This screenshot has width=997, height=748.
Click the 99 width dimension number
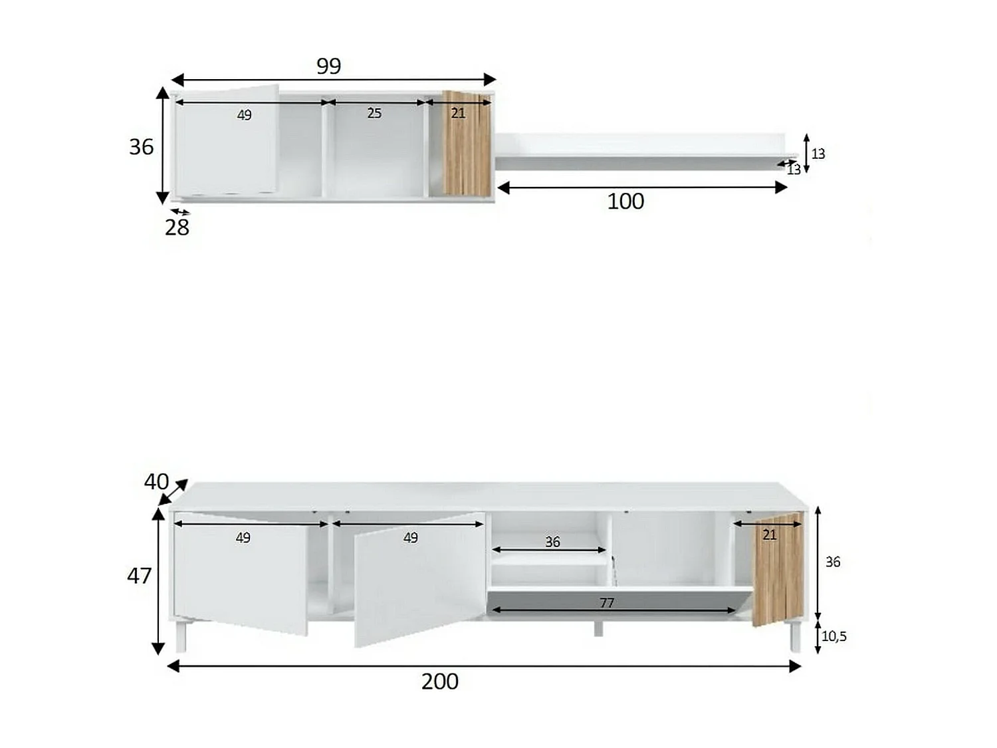point(328,66)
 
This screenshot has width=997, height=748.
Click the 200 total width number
point(439,682)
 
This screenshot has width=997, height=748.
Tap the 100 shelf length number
point(625,201)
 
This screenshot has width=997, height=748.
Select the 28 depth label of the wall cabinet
point(177,227)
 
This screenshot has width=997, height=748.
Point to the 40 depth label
point(156,481)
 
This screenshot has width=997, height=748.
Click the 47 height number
point(139,576)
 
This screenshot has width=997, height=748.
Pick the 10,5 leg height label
point(833,636)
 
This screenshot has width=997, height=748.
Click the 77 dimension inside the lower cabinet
point(607,602)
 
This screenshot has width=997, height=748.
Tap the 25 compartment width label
point(374,114)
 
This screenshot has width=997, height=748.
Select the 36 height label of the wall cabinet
point(141,147)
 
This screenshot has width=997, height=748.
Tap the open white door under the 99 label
point(226,153)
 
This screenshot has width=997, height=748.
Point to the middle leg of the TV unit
point(598,629)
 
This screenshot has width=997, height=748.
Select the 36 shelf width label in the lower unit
point(552,542)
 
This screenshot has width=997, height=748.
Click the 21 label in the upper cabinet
point(458,114)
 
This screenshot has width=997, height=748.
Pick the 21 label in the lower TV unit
point(769,535)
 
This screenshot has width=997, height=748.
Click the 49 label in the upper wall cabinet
point(244,115)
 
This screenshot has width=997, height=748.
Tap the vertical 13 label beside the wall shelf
point(818,154)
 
